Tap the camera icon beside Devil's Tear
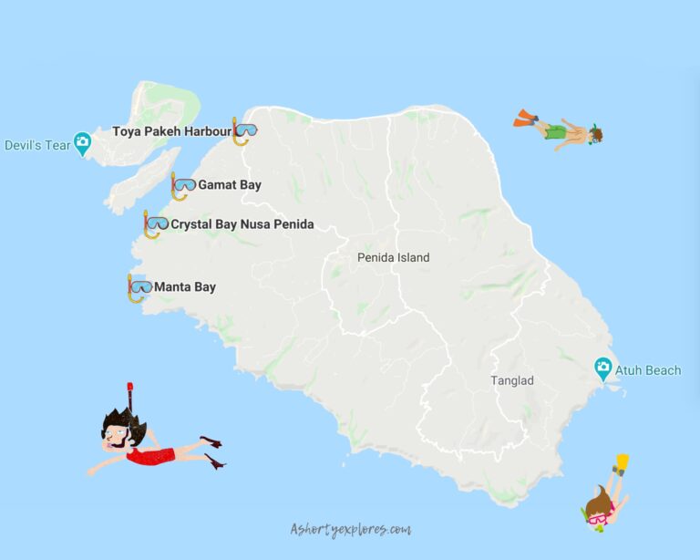83,142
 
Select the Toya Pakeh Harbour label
171,131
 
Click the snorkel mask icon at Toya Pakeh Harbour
244,131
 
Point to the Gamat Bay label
230,185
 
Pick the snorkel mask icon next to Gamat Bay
182,186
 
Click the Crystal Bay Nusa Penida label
242,224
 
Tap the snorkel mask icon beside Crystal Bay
155,223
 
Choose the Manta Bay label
185,287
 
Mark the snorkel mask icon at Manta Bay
139,287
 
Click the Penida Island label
393,258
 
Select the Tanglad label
512,380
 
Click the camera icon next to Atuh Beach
602,369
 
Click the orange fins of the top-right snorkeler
525,118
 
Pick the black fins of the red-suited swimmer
213,451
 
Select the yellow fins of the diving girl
622,462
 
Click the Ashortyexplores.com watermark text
350,529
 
